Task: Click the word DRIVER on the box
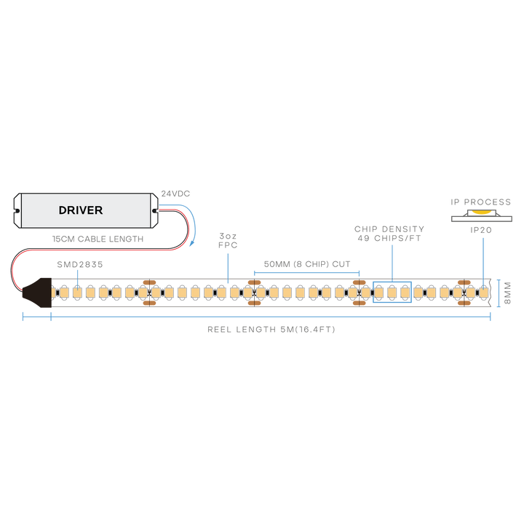point(81,210)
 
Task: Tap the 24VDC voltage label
point(175,194)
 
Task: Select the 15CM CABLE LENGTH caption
point(98,239)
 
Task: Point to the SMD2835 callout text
point(80,264)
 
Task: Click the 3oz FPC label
point(228,241)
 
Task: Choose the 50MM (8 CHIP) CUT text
point(307,264)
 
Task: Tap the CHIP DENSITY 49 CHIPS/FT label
point(389,234)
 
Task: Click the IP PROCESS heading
point(481,202)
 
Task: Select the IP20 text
point(481,230)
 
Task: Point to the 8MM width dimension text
point(508,293)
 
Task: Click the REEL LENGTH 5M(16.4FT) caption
point(271,330)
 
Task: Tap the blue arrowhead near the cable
point(191,243)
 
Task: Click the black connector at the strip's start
point(37,293)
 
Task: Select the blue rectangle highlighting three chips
point(392,282)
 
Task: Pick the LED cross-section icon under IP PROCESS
point(482,215)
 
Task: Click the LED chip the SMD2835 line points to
point(78,293)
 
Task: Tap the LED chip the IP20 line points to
point(483,293)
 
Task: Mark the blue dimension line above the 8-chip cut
point(307,273)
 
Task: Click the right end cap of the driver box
point(154,211)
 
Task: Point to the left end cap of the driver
point(17,211)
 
